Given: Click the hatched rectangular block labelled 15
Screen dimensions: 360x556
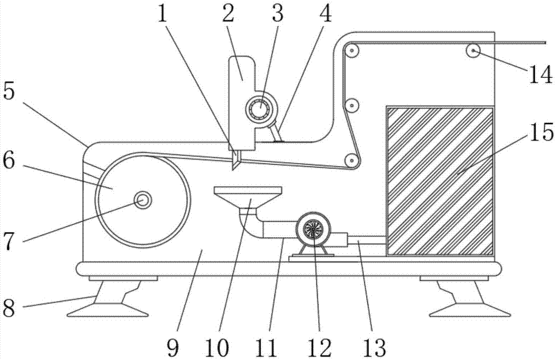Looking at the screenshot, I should coord(440,181).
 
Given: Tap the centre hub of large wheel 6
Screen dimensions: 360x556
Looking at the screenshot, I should coord(143,200).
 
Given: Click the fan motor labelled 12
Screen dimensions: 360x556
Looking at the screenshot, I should coord(313,229).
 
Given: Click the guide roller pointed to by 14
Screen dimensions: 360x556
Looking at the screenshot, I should coord(473,51).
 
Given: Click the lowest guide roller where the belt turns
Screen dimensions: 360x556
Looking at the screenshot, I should coord(351,160).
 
